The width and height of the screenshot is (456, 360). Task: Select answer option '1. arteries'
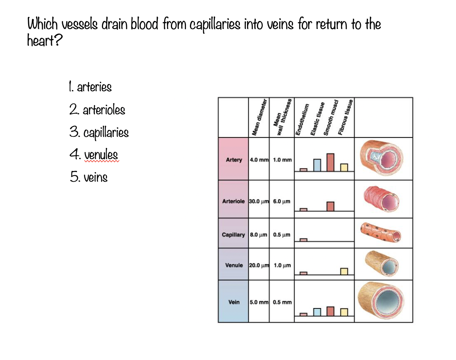(x=90, y=87)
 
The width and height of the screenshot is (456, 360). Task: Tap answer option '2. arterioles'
(x=97, y=109)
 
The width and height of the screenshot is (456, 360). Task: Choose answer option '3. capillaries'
(x=99, y=132)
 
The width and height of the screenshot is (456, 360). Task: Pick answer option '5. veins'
(x=88, y=177)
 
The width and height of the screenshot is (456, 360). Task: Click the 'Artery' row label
(x=234, y=160)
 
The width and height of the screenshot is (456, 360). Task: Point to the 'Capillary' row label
(x=233, y=235)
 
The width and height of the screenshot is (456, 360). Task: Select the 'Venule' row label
(x=234, y=265)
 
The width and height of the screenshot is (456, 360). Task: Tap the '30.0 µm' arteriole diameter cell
(x=259, y=201)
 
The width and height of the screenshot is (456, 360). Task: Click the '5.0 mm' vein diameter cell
(x=259, y=302)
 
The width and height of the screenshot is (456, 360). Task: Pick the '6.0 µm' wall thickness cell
(x=282, y=201)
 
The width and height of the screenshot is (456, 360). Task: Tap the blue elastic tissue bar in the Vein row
(x=317, y=312)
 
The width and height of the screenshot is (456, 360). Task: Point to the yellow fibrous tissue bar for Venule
(x=344, y=271)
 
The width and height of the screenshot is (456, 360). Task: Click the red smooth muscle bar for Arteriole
(x=330, y=207)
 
